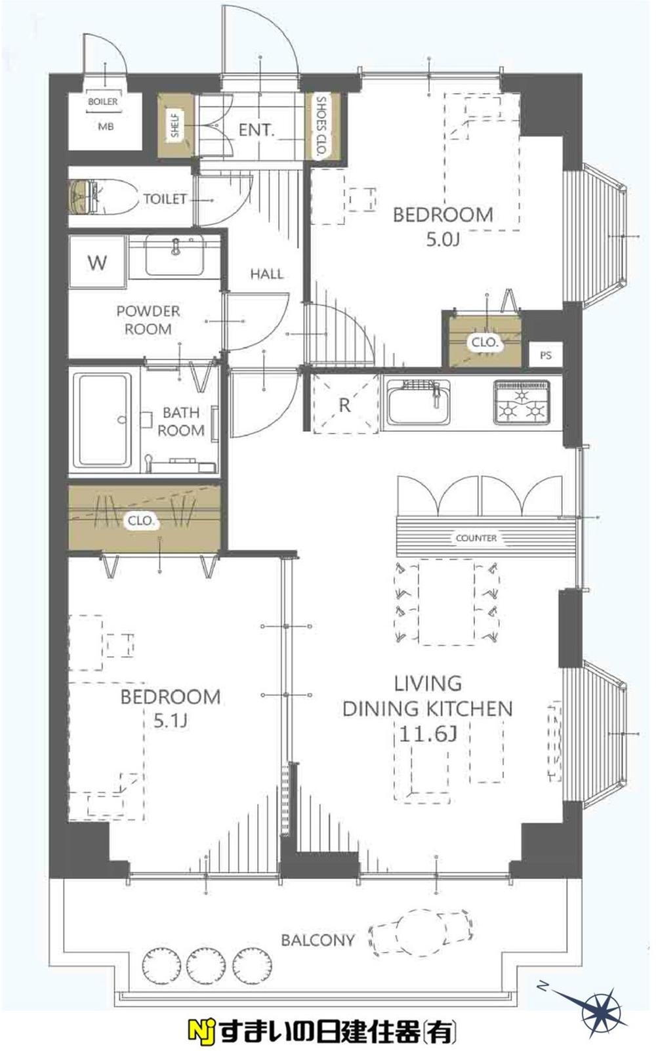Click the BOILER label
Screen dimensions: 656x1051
[x=103, y=101]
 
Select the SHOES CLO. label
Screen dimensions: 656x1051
[x=321, y=126]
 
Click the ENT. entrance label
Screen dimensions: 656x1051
[x=256, y=129]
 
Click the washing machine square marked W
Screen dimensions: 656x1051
[x=98, y=262]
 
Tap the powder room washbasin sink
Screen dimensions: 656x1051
[x=174, y=255]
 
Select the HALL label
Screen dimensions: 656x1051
[x=266, y=274]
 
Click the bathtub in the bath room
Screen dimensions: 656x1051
[x=103, y=421]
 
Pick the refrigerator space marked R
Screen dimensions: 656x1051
[x=345, y=404]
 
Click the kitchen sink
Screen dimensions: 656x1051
[x=419, y=402]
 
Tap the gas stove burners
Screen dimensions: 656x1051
[x=522, y=402]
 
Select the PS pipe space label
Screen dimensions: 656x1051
[x=545, y=355]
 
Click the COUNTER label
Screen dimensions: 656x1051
[x=476, y=538]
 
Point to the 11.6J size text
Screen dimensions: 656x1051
[x=428, y=734]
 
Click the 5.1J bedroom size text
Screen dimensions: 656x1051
[x=171, y=721]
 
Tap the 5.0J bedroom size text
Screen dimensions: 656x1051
[x=443, y=239]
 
